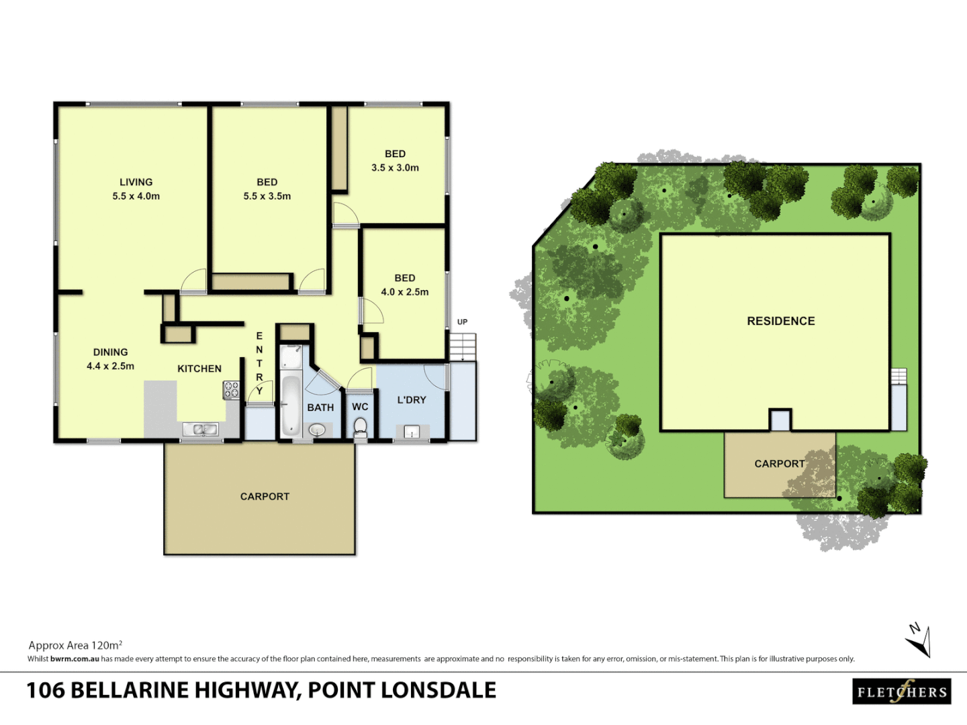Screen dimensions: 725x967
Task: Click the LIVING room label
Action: [x=136, y=182]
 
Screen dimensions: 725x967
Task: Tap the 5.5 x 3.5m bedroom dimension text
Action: [x=267, y=196]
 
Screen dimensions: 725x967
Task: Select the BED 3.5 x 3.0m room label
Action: [x=395, y=154]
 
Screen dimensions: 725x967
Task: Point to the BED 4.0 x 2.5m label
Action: [x=404, y=278]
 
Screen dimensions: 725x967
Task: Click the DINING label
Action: [x=110, y=352]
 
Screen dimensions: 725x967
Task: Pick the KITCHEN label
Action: [x=199, y=369]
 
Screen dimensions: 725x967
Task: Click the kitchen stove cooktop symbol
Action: [x=231, y=389]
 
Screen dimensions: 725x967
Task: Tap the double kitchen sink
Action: [x=201, y=429]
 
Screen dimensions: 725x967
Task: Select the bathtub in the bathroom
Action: [x=291, y=405]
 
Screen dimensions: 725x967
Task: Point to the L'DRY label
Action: [x=411, y=399]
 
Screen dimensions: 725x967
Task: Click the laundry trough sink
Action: [x=411, y=432]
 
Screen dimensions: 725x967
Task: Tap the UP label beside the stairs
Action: [x=462, y=322]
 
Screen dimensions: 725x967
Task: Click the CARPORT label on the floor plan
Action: [x=265, y=496]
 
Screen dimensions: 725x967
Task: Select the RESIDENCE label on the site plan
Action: [x=780, y=321]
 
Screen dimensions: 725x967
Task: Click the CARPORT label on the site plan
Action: [x=779, y=464]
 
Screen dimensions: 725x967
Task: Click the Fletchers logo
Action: [x=902, y=691]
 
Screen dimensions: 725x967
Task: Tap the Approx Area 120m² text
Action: [x=75, y=645]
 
